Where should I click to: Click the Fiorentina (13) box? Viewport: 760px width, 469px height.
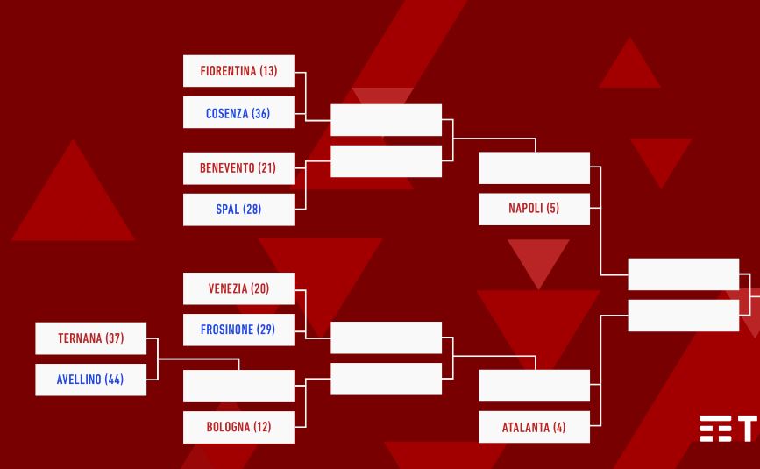point(238,71)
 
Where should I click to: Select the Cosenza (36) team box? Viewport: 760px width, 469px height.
point(238,112)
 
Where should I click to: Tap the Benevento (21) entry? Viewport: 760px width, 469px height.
point(238,168)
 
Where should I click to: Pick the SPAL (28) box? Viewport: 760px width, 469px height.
point(238,210)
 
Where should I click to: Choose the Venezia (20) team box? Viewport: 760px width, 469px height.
point(238,288)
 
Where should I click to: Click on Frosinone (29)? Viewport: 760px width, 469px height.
point(238,330)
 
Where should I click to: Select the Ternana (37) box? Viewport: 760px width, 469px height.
point(90,338)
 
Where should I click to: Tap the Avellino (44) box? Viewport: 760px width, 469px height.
point(90,380)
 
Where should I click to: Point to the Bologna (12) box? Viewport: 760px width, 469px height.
point(238,427)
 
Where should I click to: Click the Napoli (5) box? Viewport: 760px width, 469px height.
point(534,209)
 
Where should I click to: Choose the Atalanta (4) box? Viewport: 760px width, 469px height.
point(534,427)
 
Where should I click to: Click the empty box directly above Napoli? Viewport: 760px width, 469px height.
point(534,167)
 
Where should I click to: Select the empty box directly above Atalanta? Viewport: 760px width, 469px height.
point(534,386)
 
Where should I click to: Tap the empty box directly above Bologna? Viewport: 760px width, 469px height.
point(238,386)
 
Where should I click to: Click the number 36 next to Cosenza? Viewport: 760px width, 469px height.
point(260,113)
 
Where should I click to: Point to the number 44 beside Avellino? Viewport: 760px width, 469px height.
point(114,380)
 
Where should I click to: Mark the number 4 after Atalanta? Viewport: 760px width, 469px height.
point(559,427)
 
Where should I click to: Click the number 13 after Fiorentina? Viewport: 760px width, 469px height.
point(268,71)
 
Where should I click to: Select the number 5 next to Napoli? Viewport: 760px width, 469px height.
point(552,209)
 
